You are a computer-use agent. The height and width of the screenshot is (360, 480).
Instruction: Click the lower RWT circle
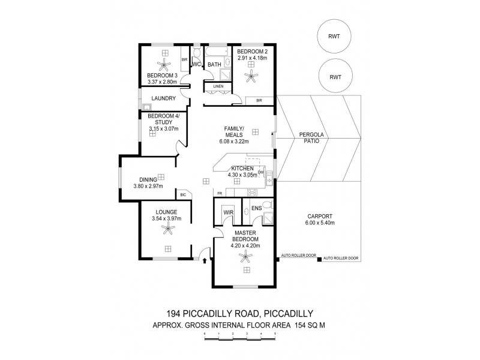335,77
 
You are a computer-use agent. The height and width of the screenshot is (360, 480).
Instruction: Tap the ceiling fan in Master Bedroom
245,257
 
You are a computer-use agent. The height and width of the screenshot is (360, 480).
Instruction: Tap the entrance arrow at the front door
205,261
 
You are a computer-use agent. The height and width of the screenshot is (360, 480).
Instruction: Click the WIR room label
228,212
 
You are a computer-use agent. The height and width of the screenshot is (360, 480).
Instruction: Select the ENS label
256,209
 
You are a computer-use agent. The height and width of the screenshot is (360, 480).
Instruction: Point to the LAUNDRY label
163,98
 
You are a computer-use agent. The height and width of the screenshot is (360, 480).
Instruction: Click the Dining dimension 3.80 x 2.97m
148,186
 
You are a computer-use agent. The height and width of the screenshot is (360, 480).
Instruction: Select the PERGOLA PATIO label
311,140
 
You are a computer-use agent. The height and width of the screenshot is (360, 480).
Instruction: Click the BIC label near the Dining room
182,194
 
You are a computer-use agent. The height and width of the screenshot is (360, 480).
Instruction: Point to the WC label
196,64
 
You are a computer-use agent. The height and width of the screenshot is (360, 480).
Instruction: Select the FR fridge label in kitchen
220,193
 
